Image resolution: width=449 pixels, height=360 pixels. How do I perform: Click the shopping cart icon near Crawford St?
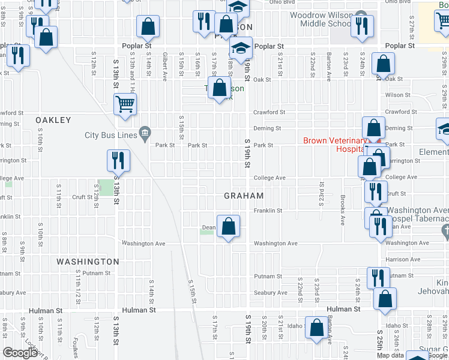click(x=125, y=104)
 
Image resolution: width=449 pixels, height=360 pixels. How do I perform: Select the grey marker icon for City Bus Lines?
click(x=145, y=133)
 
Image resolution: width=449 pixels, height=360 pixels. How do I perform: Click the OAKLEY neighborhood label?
click(x=53, y=121)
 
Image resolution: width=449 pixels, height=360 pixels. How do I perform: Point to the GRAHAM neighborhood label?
click(x=244, y=196)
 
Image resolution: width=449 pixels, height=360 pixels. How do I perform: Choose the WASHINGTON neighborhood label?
click(x=88, y=262)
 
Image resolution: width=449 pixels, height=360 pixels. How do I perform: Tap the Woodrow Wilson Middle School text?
click(x=320, y=19)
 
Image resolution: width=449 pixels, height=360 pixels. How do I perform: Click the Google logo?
click(x=20, y=353)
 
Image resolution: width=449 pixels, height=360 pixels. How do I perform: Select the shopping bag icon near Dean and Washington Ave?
click(x=228, y=226)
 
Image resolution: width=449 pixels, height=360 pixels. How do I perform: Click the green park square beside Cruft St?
click(x=104, y=187)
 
